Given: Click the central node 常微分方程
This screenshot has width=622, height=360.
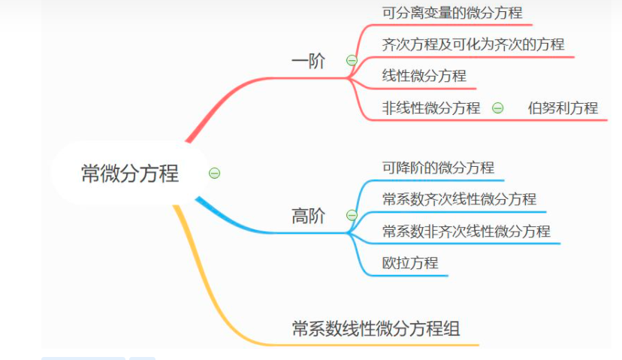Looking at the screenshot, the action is (130, 174).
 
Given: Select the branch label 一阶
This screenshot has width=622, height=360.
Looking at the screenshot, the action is (308, 61).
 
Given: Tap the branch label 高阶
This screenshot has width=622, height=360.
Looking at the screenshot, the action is (308, 216).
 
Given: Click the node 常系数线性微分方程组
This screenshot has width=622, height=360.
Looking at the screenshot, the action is (376, 328).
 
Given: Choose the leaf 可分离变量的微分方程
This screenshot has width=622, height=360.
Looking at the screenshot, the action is (452, 13).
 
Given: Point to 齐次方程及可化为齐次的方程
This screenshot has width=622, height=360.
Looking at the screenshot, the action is (473, 44).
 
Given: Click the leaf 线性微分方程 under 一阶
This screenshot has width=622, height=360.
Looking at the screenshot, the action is (424, 76).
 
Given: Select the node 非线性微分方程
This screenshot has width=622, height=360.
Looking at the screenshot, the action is (430, 108).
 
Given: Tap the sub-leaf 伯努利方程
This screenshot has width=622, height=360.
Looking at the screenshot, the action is (563, 108).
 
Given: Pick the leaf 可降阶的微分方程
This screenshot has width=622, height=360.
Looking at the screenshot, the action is (438, 168).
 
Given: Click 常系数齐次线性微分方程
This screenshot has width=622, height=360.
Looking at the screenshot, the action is (459, 199).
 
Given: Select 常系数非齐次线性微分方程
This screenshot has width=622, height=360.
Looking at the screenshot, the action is (466, 231).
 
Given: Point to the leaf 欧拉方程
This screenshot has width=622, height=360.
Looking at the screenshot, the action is (410, 263).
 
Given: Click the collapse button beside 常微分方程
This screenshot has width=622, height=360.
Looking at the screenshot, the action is (214, 174).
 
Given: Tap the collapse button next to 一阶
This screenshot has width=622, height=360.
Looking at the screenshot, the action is (352, 60).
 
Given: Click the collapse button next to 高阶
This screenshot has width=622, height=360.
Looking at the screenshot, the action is (352, 216).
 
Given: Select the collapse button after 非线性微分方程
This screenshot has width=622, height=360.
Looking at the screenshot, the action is (497, 108).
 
